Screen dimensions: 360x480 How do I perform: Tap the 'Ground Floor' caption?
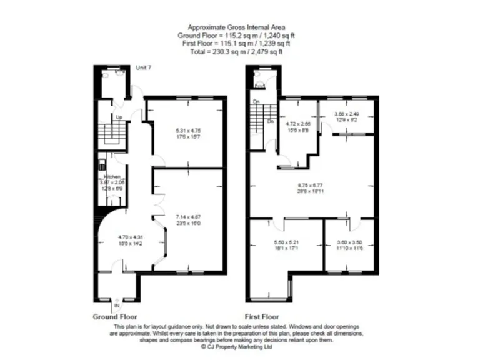(x=115, y=317)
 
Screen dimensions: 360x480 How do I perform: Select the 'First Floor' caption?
(x=262, y=317)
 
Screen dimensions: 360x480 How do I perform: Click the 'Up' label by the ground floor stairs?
(x=117, y=117)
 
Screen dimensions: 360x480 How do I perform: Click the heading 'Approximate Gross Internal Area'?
(x=240, y=29)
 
